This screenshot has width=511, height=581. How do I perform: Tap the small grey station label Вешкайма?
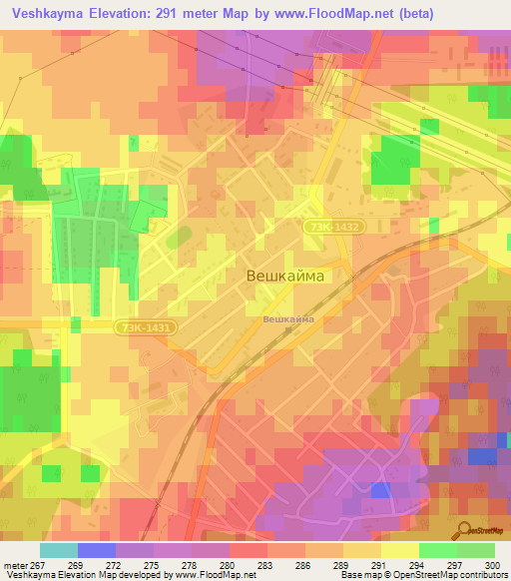(287, 318)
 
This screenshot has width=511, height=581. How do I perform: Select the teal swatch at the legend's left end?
(58, 550)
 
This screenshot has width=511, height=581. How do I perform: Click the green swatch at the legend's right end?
(475, 550)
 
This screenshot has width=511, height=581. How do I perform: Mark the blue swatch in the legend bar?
(97, 550)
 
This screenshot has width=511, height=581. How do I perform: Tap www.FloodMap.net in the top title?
(326, 13)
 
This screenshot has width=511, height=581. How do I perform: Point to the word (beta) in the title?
(411, 13)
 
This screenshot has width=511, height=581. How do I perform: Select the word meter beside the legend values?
(15, 565)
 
